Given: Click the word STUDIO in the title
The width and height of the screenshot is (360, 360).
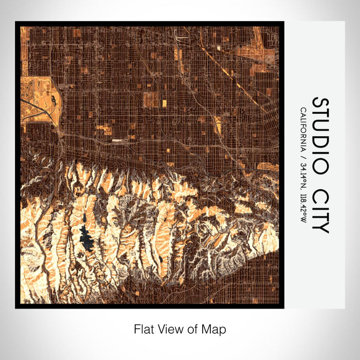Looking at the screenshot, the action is pyautogui.click(x=320, y=135).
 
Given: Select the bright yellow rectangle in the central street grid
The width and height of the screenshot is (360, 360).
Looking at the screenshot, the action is pyautogui.click(x=164, y=103).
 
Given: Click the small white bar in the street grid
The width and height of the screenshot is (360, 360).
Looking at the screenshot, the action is pyautogui.click(x=119, y=139).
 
